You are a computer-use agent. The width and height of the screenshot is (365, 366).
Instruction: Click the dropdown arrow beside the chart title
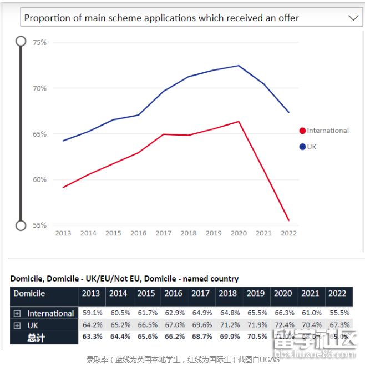pyautogui.click(x=353, y=18)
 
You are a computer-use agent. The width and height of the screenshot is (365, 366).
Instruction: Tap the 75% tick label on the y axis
pyautogui.click(x=39, y=42)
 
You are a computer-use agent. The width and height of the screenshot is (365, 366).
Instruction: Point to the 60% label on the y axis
pyautogui.click(x=39, y=179)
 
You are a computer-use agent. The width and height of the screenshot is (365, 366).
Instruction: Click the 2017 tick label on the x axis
pyautogui.click(x=163, y=233)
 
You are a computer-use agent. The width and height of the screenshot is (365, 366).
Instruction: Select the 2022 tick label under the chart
pyautogui.click(x=288, y=233)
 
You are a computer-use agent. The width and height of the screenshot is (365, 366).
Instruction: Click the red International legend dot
pyautogui.click(x=302, y=131)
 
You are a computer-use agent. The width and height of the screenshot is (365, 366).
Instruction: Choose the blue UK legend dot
pyautogui.click(x=302, y=147)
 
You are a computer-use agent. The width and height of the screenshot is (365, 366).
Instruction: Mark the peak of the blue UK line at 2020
pyautogui.click(x=239, y=66)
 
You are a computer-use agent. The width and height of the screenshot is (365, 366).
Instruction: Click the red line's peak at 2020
pyautogui.click(x=239, y=121)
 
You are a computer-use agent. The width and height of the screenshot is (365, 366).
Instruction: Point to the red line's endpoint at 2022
pyautogui.click(x=289, y=220)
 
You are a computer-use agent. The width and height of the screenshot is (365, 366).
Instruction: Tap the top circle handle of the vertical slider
pyautogui.click(x=21, y=41)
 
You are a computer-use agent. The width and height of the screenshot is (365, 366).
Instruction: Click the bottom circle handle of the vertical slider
pyautogui.click(x=21, y=225)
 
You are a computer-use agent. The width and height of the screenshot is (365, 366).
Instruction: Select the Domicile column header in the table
pyautogui.click(x=29, y=293)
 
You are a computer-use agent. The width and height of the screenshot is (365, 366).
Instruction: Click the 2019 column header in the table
pyautogui.click(x=255, y=293)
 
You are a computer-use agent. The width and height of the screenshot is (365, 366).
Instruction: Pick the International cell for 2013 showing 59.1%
pyautogui.click(x=91, y=313)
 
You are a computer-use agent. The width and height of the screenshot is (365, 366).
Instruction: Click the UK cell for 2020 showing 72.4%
pyautogui.click(x=283, y=325)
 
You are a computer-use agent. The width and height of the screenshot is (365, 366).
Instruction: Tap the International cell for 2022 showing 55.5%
pyautogui.click(x=338, y=313)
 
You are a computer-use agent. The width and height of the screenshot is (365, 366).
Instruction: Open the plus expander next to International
pyautogui.click(x=17, y=313)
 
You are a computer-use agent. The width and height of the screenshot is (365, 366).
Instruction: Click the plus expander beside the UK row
pyautogui.click(x=17, y=325)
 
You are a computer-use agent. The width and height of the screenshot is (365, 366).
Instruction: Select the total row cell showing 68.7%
pyautogui.click(x=200, y=337)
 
